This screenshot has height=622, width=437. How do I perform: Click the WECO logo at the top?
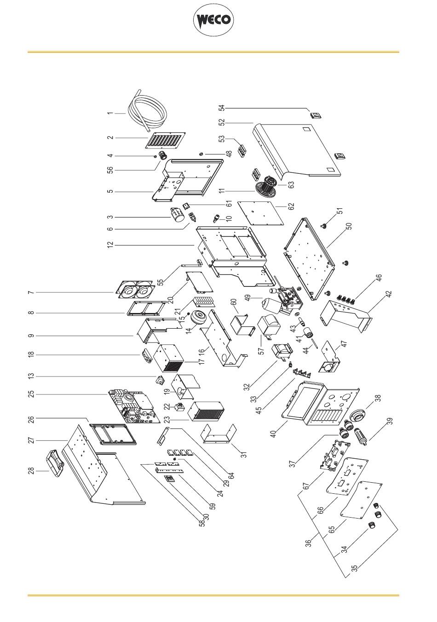pyautogui.click(x=214, y=21)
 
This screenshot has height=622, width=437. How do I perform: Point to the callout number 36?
pyautogui.click(x=310, y=542)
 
